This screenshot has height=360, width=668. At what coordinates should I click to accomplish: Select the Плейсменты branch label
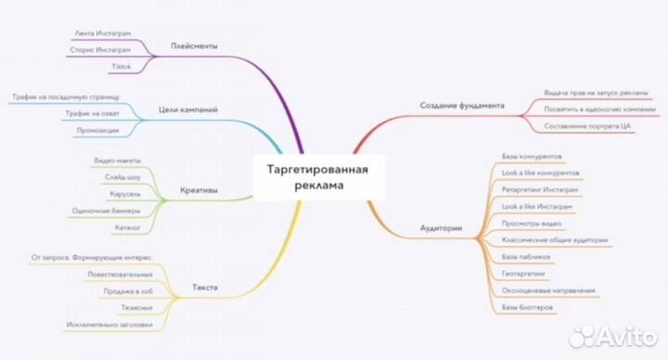click(x=194, y=45)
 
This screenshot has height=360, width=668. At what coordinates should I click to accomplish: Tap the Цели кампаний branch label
click(x=188, y=109)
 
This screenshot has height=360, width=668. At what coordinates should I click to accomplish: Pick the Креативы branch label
click(x=199, y=190)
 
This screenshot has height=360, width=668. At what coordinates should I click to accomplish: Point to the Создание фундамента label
click(x=461, y=106)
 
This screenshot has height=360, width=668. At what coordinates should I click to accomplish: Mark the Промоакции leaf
click(x=97, y=130)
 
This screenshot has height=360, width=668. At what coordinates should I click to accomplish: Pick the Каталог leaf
click(x=125, y=226)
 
